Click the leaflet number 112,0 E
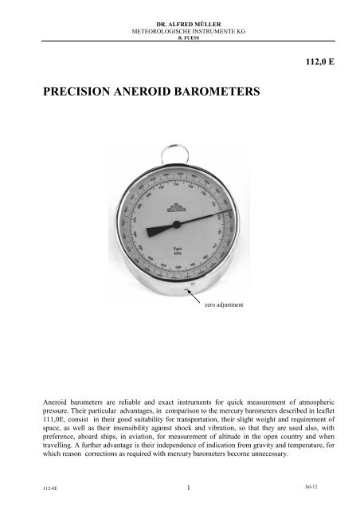point(316,61)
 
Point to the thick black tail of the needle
point(159,229)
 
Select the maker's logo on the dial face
point(178,190)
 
